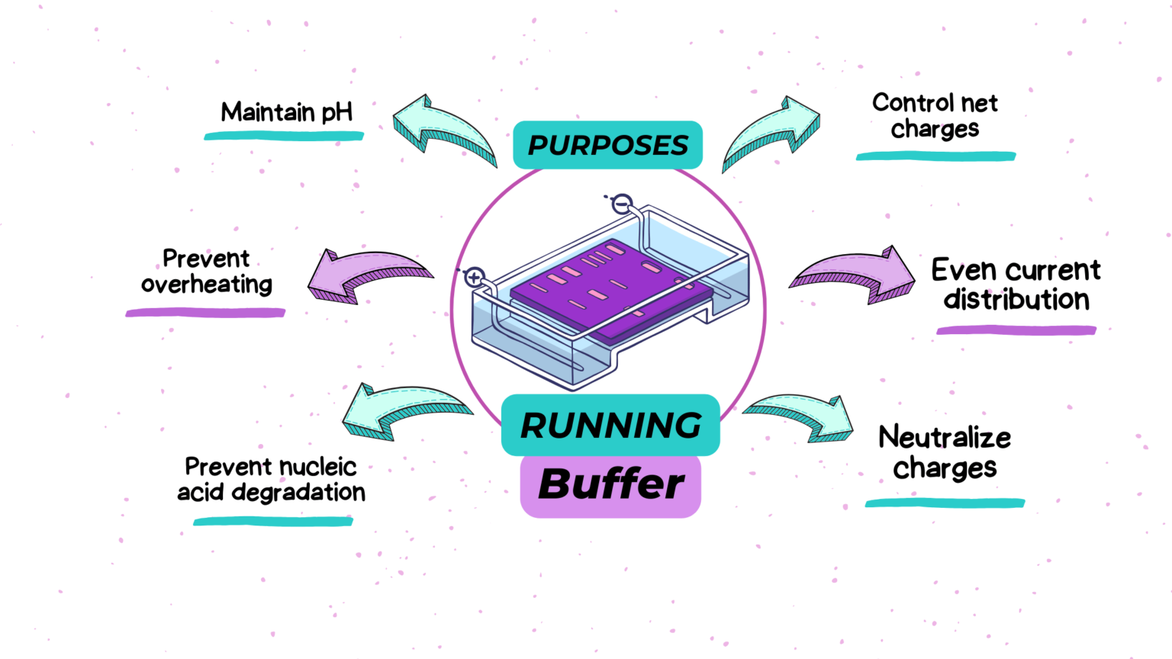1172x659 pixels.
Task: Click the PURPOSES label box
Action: click(x=607, y=145)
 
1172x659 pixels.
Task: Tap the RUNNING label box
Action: click(x=610, y=425)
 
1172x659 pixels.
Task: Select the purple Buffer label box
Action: click(x=610, y=485)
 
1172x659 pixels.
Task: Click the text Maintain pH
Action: click(x=286, y=112)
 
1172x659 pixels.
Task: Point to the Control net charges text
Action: click(x=935, y=115)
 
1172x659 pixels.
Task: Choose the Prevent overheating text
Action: click(x=206, y=271)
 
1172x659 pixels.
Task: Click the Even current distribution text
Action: click(x=1016, y=284)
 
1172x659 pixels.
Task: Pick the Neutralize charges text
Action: click(x=945, y=452)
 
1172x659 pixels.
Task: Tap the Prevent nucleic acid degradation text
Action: click(x=271, y=479)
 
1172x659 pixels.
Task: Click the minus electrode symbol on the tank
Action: click(x=623, y=204)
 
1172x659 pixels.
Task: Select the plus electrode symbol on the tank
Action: click(x=475, y=277)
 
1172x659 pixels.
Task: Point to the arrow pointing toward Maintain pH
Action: click(x=443, y=130)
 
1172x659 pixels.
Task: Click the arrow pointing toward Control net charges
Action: click(x=772, y=131)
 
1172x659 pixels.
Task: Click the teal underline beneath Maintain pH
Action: click(x=284, y=137)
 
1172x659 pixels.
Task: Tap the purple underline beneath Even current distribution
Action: click(x=1016, y=330)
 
